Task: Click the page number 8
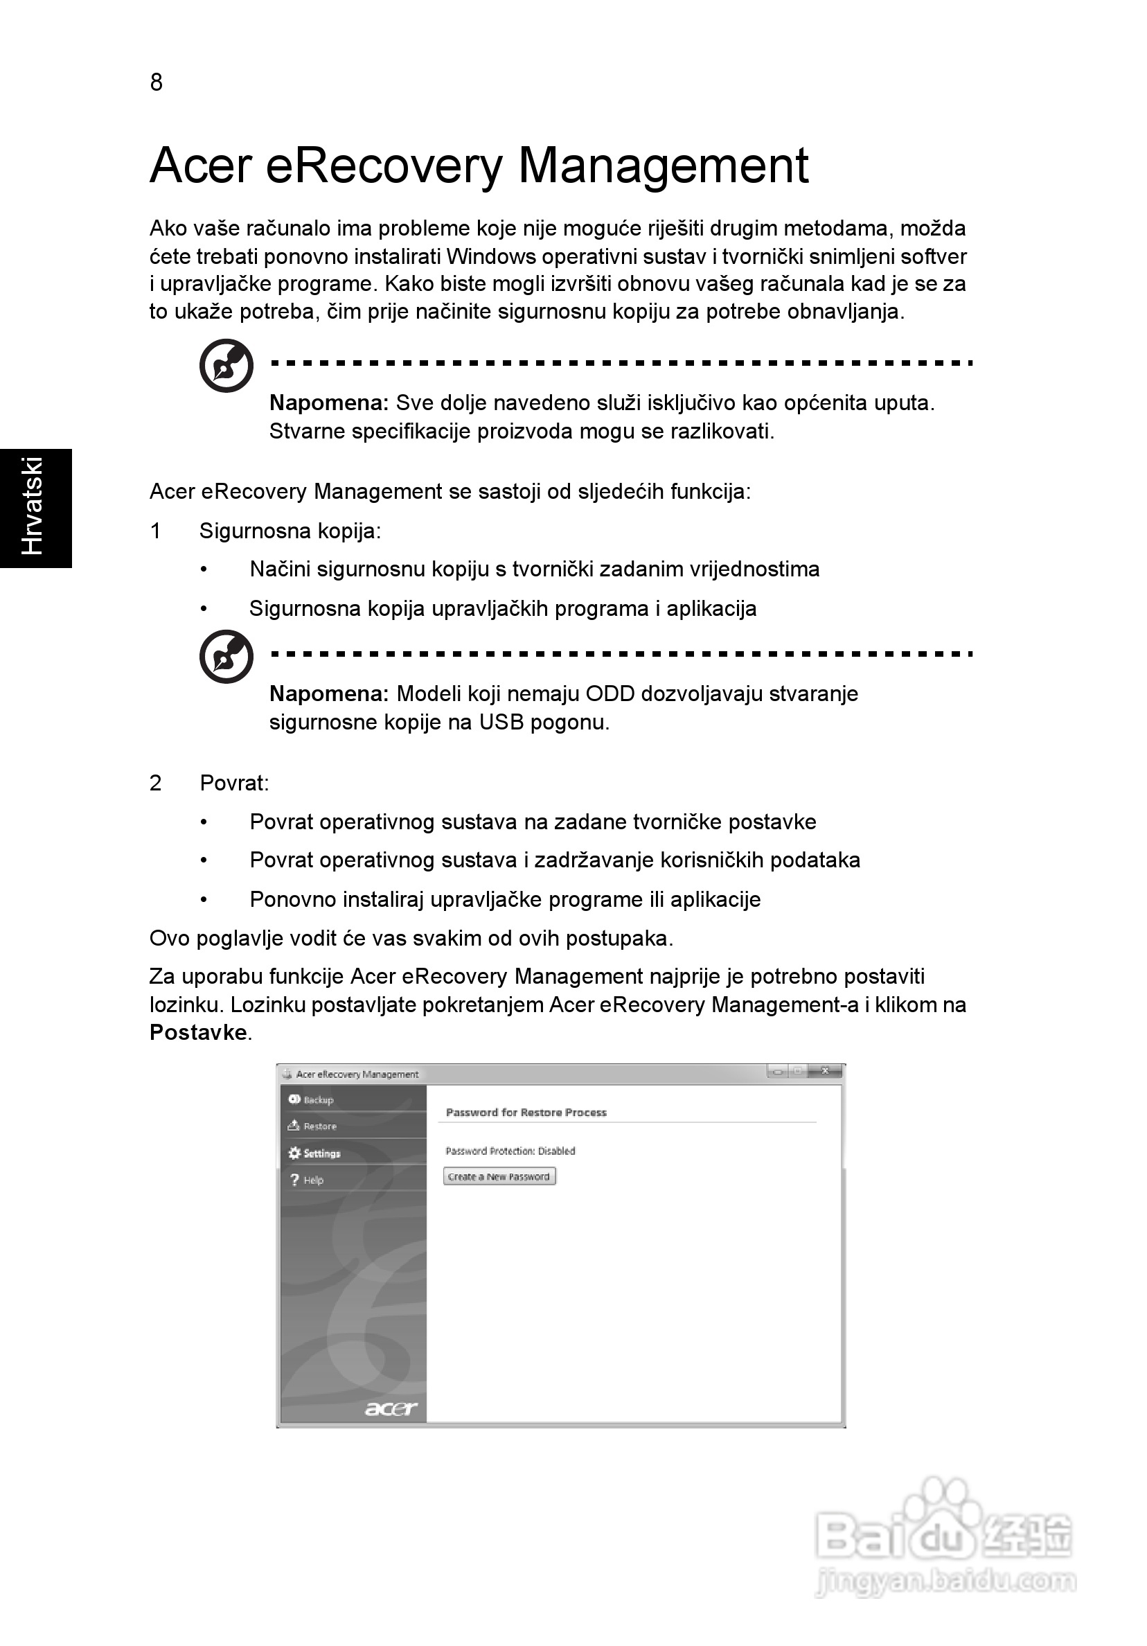pos(157,83)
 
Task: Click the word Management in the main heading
pos(663,166)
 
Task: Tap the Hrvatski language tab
pos(34,507)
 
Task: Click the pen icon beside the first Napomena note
pos(226,366)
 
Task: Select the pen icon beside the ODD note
pos(226,657)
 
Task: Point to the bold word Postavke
pos(199,1033)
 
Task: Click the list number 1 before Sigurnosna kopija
pos(156,531)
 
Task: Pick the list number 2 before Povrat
pos(156,783)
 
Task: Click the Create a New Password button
pos(499,1176)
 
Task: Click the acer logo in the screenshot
pos(391,1408)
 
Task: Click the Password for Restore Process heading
pos(526,1113)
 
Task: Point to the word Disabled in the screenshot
pos(557,1151)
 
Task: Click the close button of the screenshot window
pos(825,1071)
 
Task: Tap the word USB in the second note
pos(501,723)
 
